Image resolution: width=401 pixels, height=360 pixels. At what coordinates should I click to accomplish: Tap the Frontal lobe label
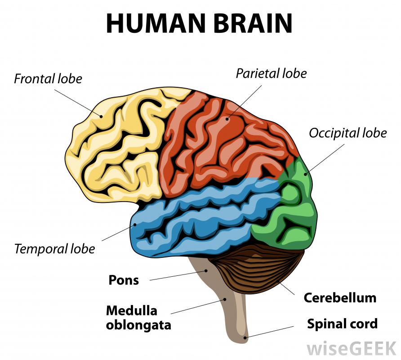tap(48, 79)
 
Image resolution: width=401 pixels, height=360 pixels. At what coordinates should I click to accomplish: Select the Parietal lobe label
tap(271, 73)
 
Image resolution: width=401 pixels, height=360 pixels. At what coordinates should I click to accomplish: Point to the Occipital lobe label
tap(348, 133)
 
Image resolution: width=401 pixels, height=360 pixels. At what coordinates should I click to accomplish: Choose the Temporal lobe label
tap(54, 248)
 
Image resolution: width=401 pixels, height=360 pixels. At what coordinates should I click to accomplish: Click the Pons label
tap(124, 280)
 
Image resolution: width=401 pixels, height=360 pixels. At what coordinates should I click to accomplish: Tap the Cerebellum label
tap(340, 297)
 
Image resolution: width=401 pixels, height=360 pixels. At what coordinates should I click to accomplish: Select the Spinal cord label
tap(342, 324)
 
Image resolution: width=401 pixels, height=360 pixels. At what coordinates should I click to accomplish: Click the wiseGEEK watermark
tap(351, 348)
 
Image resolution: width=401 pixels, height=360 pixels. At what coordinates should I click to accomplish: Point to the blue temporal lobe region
tap(193, 220)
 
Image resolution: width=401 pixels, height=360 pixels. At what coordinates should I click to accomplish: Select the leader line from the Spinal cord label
tap(274, 330)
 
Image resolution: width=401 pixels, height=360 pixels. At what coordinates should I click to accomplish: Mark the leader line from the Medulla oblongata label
tap(198, 306)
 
